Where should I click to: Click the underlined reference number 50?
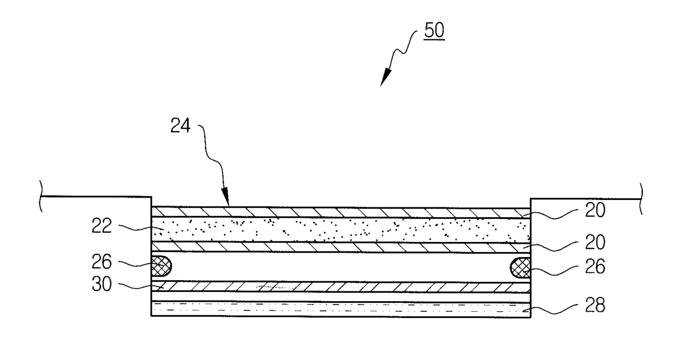click(434, 31)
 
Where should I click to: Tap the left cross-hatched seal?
click(161, 266)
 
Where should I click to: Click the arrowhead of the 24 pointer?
click(225, 203)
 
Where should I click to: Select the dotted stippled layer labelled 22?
click(341, 229)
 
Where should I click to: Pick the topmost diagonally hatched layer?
click(341, 212)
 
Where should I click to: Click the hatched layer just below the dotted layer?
click(341, 247)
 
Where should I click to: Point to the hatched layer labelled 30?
click(341, 286)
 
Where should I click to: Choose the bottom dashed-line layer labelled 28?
click(341, 308)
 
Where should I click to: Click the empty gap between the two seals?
click(341, 267)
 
